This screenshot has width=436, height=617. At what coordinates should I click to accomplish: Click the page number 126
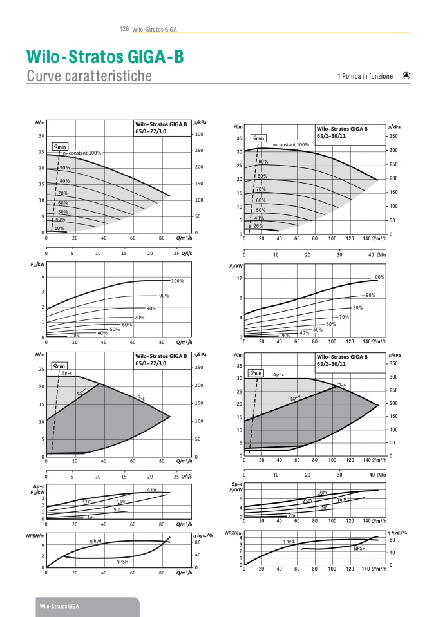click(125, 29)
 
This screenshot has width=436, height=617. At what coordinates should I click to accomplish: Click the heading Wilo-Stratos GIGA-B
click(105, 57)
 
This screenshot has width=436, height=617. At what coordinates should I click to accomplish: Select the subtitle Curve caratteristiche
click(90, 76)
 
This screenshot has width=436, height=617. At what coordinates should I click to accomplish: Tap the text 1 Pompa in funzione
click(365, 76)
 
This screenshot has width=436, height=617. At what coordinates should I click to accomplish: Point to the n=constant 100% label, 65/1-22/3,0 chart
click(82, 153)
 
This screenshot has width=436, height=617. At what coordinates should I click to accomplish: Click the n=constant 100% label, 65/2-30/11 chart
click(290, 145)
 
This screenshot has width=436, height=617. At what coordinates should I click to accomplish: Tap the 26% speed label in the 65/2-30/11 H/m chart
click(258, 225)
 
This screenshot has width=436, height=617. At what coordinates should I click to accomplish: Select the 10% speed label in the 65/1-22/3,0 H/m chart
click(59, 228)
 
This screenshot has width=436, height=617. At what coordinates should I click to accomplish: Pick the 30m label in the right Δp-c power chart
click(322, 493)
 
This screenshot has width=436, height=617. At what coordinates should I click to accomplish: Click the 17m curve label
click(87, 501)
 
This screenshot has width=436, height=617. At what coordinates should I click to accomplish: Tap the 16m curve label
click(341, 499)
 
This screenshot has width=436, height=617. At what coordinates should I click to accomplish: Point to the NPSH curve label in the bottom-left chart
click(123, 562)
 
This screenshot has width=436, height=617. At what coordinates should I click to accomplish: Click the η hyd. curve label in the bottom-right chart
click(289, 541)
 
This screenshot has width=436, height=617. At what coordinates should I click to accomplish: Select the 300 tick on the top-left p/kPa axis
click(200, 134)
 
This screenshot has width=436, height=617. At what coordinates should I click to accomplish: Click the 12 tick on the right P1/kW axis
click(239, 278)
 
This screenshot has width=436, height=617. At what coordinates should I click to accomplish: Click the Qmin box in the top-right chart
click(260, 138)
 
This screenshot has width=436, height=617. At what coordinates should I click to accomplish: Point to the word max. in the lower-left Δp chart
click(140, 397)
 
